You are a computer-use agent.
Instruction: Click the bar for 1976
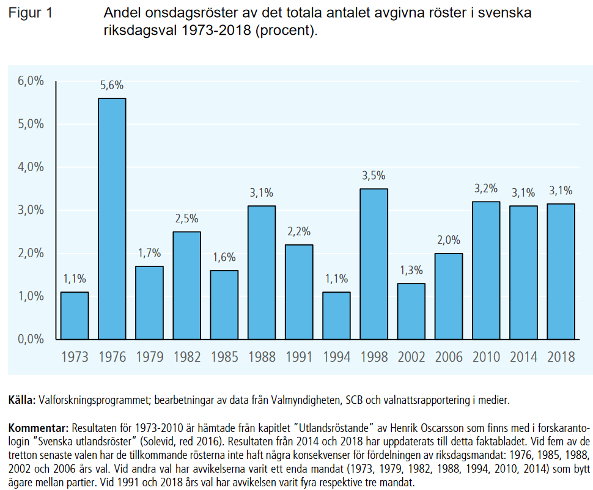pyautogui.click(x=112, y=219)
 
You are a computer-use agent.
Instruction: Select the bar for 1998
pyautogui.click(x=374, y=264)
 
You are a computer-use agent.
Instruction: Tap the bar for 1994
pyautogui.click(x=336, y=315)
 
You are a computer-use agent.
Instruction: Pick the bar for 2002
pyautogui.click(x=411, y=311)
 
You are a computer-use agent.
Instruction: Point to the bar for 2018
pyautogui.click(x=560, y=271)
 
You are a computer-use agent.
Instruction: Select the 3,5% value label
pyautogui.click(x=374, y=176)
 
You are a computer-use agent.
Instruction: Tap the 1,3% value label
pyautogui.click(x=411, y=271)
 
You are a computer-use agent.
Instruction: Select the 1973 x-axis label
pyautogui.click(x=75, y=357)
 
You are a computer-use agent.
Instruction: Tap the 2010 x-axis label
pyautogui.click(x=485, y=357)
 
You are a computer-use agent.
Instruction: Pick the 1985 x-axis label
pyautogui.click(x=224, y=357)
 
